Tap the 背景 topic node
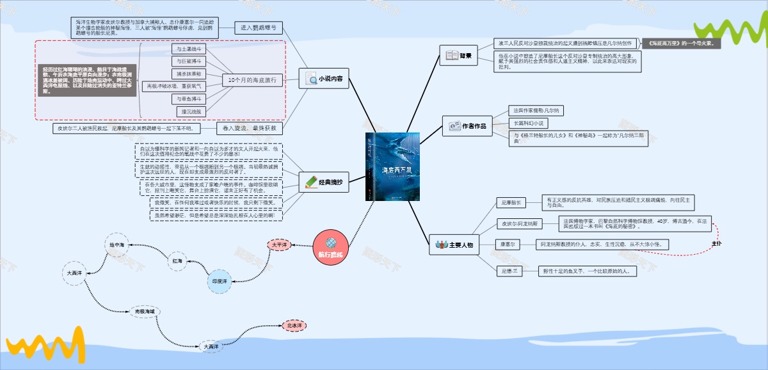(459, 56)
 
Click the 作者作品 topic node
(467, 126)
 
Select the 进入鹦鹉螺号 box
(259, 28)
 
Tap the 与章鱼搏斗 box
(189, 99)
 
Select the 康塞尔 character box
(508, 245)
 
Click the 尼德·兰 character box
(511, 271)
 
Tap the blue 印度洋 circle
(220, 282)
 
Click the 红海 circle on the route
(177, 261)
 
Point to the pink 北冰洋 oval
(295, 326)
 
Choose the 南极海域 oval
(145, 311)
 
